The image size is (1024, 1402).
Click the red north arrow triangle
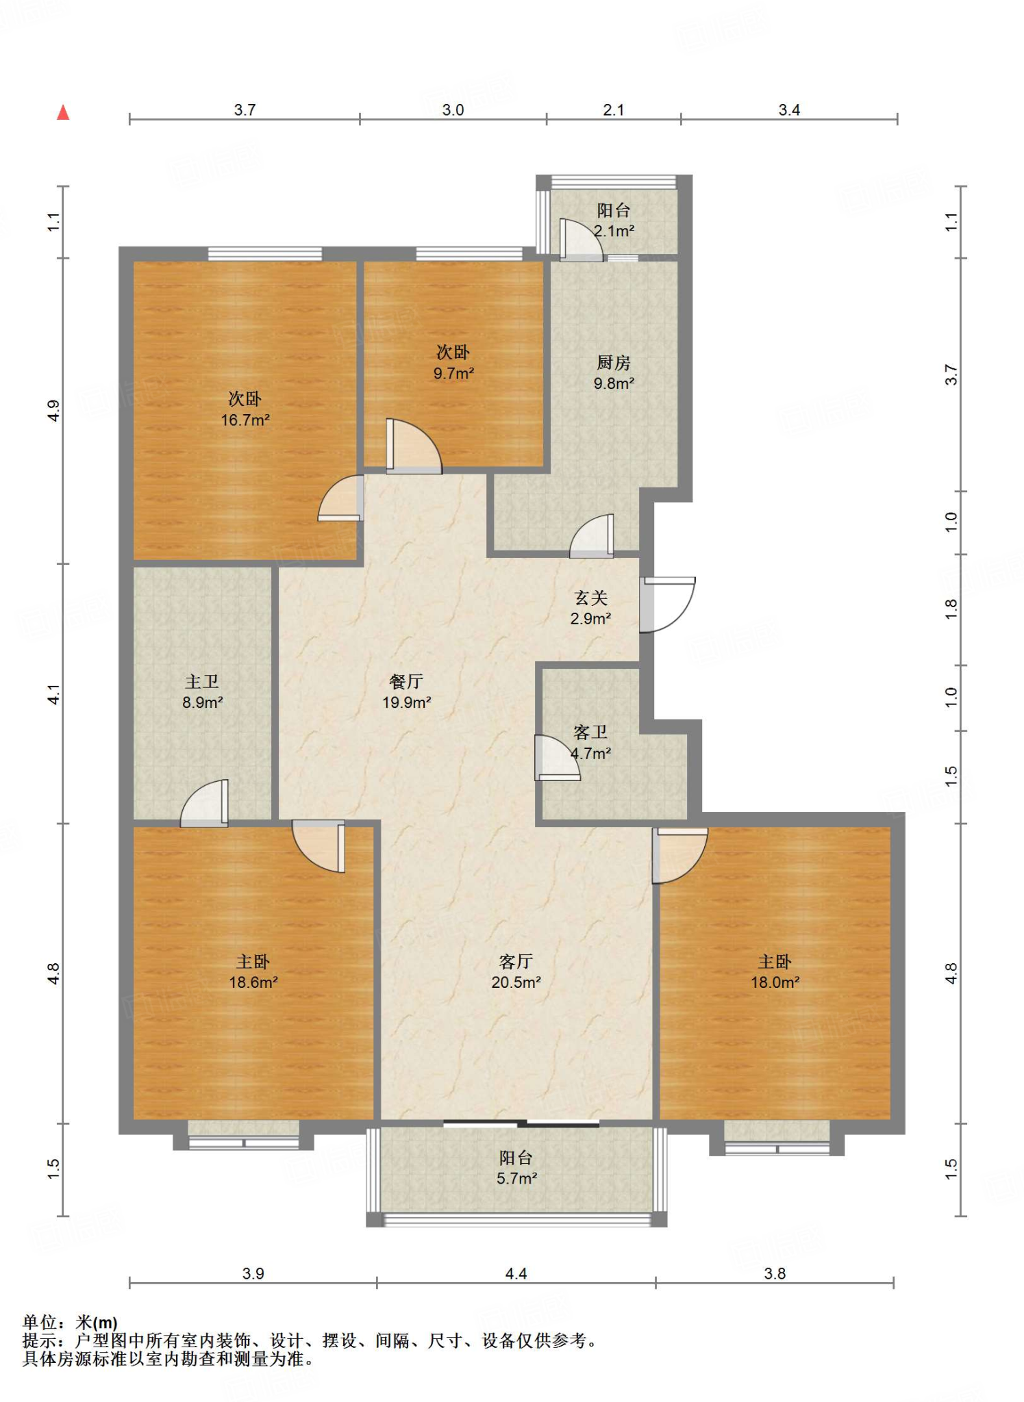tap(63, 112)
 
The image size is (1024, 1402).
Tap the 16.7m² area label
tap(245, 420)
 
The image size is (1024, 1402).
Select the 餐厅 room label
tap(406, 681)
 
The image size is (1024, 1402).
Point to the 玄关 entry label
tap(591, 598)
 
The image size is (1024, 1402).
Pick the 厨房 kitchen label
tap(614, 362)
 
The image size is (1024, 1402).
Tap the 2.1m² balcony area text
tap(614, 231)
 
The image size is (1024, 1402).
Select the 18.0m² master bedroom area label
tap(775, 982)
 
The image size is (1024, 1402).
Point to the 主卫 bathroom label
tap(202, 681)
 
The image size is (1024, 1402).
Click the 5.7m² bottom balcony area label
tap(517, 1178)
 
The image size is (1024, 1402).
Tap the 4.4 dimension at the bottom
tap(516, 1273)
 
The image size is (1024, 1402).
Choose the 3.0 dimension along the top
tap(453, 110)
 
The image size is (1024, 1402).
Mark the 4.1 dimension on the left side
tap(54, 694)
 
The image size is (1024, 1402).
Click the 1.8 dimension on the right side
tap(951, 609)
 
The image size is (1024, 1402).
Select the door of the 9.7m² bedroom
tap(414, 446)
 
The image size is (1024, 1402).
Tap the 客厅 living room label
tap(516, 962)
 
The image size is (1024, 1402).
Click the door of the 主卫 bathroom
tap(204, 803)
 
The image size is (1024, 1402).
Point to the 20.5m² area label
tap(516, 982)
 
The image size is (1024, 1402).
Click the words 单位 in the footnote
tap(40, 1322)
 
